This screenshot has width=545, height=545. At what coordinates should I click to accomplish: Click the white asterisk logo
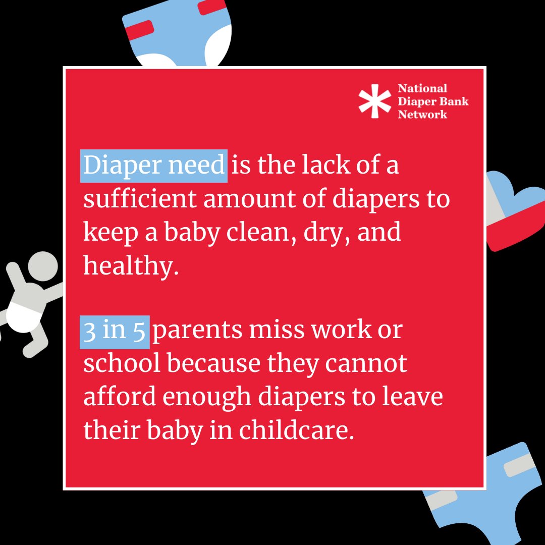374,100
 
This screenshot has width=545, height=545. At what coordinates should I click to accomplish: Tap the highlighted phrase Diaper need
154,165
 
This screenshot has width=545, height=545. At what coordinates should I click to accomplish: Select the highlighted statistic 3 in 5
115,331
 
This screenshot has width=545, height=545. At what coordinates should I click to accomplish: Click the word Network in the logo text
422,114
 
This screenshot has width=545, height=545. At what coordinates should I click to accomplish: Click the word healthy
131,265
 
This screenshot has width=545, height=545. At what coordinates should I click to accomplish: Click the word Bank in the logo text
456,101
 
